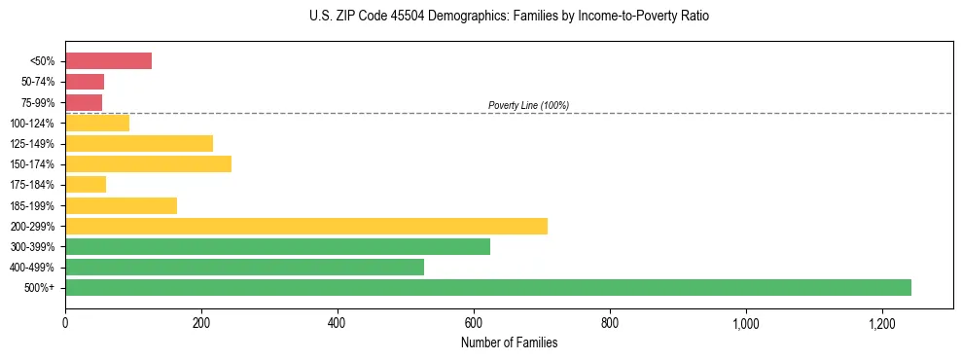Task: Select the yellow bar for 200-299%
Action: [306, 226]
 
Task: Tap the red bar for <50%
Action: [108, 61]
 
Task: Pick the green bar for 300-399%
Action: [277, 246]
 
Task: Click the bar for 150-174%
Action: [148, 163]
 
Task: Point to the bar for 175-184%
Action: [86, 184]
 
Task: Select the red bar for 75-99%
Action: [84, 102]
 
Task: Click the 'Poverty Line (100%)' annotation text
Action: [528, 105]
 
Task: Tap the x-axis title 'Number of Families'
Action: [509, 342]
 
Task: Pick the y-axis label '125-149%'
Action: [32, 144]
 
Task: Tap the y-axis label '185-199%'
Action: [32, 205]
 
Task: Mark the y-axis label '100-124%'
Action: [32, 124]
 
